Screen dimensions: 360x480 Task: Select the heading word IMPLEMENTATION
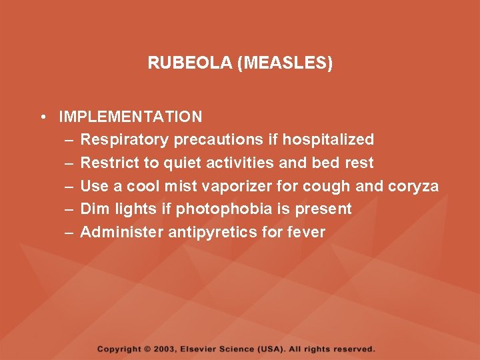[x=131, y=117]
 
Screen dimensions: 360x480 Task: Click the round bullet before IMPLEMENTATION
[x=42, y=117]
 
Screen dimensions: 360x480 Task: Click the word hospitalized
[x=328, y=139]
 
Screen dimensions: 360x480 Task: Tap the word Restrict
[x=106, y=163]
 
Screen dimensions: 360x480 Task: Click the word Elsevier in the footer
[x=211, y=349]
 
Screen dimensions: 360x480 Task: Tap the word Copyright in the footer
[x=119, y=349]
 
